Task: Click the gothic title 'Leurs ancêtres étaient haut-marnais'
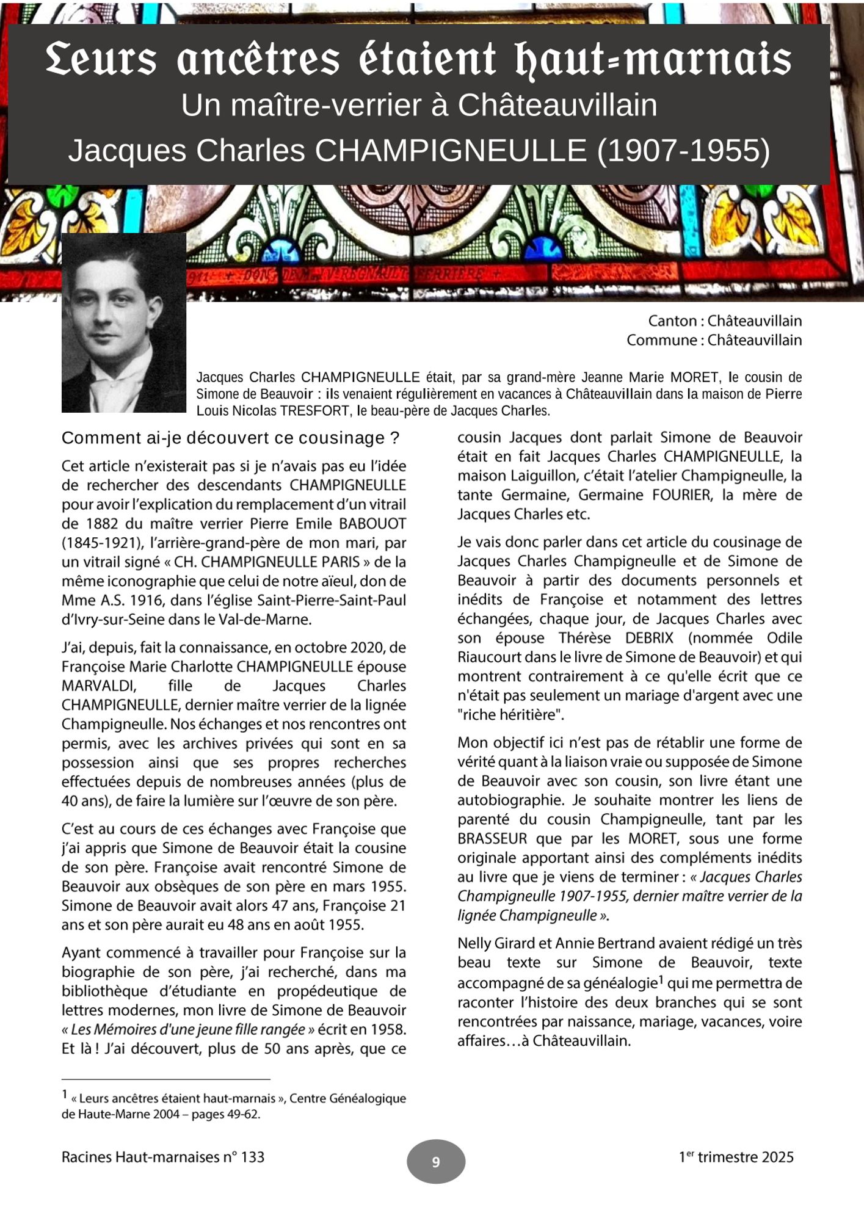[x=419, y=60]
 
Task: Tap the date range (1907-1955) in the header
[x=683, y=151]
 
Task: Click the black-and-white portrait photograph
[x=124, y=322]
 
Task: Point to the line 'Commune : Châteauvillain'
[x=714, y=340]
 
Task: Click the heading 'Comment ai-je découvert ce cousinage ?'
[x=230, y=438]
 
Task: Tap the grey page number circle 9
[x=436, y=1161]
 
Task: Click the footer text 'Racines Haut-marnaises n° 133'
[x=163, y=1157]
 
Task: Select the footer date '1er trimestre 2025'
[x=736, y=1157]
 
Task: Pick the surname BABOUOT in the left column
[x=372, y=524]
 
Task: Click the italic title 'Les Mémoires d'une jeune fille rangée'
[x=188, y=1029]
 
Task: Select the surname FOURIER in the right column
[x=681, y=495]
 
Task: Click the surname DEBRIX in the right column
[x=649, y=638]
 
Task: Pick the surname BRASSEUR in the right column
[x=492, y=839]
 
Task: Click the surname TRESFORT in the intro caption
[x=314, y=411]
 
